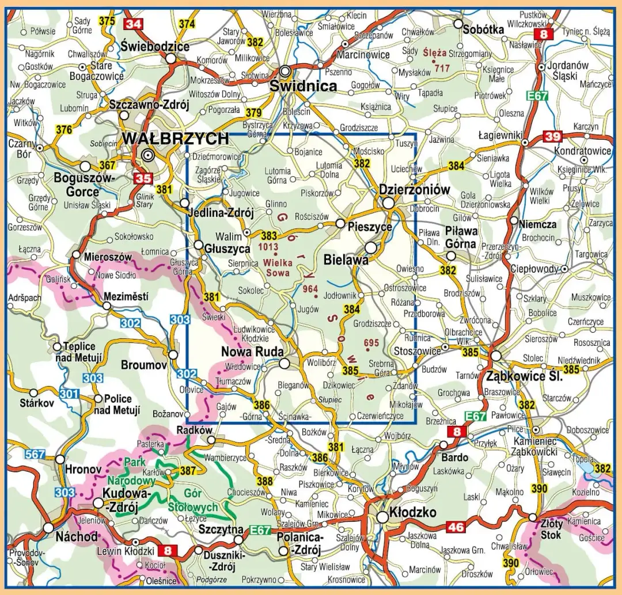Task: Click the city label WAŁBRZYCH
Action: [x=175, y=139]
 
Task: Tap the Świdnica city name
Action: [x=303, y=86]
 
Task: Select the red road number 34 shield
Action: [x=133, y=24]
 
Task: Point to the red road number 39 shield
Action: [x=552, y=136]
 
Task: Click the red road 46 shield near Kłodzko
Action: [x=456, y=526]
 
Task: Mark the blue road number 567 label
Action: [x=35, y=455]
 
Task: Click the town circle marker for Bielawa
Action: [x=371, y=247]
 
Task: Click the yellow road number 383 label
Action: [x=268, y=235]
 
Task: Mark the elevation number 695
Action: [x=371, y=344]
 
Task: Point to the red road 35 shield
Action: [x=143, y=178]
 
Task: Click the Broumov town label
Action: [x=143, y=365]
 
